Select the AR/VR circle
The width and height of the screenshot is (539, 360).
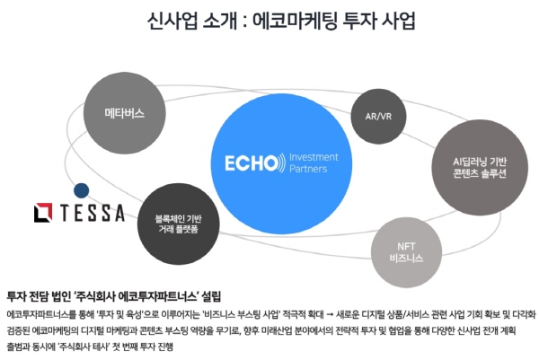click(380, 117)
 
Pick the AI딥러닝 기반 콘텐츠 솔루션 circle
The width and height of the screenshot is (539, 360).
click(481, 167)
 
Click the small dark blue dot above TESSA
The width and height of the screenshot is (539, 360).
click(82, 190)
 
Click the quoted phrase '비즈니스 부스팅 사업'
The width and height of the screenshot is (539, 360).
click(240, 313)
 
